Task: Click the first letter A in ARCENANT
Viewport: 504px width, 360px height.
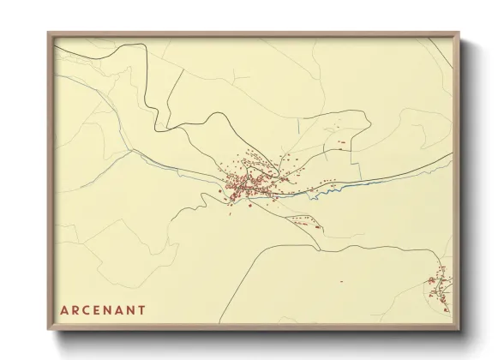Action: [63, 309]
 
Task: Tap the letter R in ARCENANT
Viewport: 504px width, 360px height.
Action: [75, 309]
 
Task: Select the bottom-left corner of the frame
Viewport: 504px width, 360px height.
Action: [48, 331]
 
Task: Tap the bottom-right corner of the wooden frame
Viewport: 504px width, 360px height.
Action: [460, 331]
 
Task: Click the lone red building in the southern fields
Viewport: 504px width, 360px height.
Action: [341, 281]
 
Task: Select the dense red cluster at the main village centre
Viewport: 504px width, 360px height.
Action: [244, 183]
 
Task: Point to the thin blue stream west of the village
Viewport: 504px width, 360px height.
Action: [171, 164]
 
